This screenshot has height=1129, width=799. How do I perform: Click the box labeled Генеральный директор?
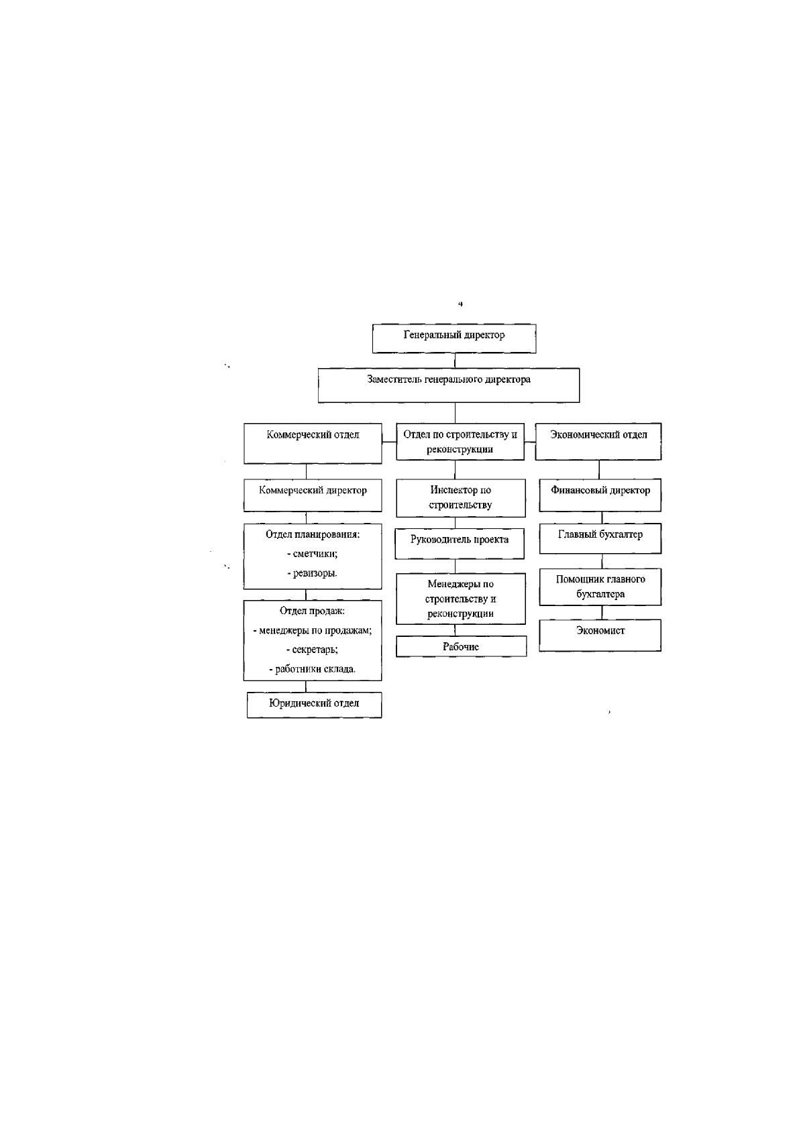pos(454,338)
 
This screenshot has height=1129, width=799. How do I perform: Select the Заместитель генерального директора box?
pos(448,385)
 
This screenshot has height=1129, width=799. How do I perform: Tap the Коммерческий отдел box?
pos(313,443)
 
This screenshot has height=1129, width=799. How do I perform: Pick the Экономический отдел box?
pos(598,441)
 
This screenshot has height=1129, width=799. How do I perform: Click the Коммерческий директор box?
pos(313,495)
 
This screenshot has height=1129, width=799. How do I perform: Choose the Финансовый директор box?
pos(600,495)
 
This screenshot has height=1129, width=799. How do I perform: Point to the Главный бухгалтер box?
pos(600,538)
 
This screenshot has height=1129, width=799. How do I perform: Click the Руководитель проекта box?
pos(460,543)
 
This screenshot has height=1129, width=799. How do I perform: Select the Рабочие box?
pos(461,646)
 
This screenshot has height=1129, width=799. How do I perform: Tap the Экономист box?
pos(600,635)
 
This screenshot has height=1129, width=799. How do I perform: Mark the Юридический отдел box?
pos(314,705)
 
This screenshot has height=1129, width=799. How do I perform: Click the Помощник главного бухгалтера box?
pos(600,587)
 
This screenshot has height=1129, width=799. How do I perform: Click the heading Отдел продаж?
pos(312,611)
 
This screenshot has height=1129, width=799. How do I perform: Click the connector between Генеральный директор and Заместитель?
pos(455,361)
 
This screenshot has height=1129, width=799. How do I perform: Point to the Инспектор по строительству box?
pos(460,498)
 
